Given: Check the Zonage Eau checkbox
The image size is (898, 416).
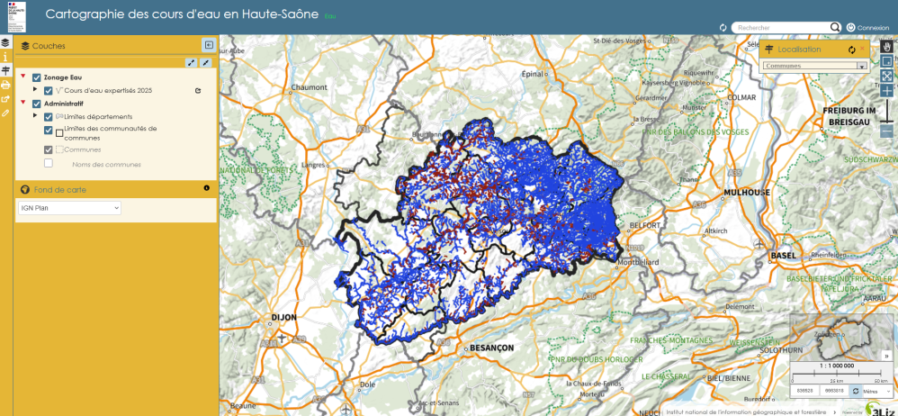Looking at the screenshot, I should (37, 77).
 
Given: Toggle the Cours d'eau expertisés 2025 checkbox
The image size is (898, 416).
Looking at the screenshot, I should (49, 91).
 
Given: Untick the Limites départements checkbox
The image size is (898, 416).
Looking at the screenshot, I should (49, 117).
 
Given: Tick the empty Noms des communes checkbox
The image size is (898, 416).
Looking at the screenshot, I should (49, 164).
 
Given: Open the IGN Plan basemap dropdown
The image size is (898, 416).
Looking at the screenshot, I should (69, 208).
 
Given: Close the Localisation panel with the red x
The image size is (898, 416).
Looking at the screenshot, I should (861, 48).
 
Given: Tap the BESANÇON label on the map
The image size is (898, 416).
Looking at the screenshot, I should (490, 347).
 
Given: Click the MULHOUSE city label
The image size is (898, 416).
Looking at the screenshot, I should (748, 192).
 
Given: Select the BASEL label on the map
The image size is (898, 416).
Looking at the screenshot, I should (784, 256).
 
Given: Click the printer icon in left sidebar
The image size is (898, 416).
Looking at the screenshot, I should (5, 85).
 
